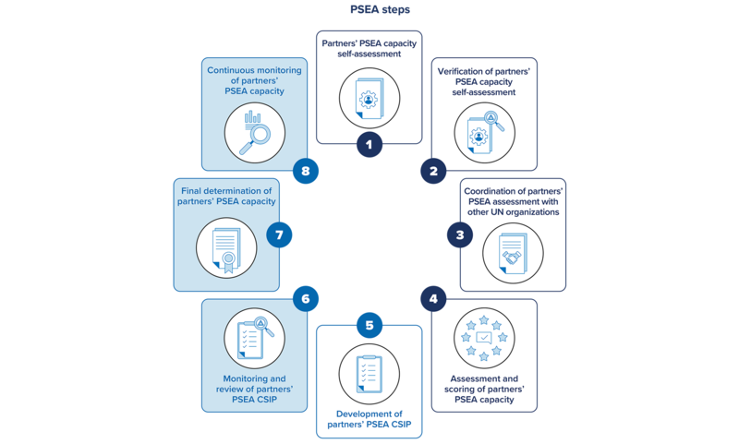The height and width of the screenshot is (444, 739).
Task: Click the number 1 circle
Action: click(x=369, y=144)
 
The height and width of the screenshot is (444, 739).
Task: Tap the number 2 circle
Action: click(x=433, y=171)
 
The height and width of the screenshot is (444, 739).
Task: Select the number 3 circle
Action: click(x=459, y=234)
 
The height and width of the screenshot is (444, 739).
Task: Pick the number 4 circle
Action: click(x=433, y=298)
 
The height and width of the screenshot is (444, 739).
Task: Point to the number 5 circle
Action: click(x=369, y=325)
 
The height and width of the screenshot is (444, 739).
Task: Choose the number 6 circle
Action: click(x=305, y=298)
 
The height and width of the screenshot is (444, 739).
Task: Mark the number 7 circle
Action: click(x=279, y=234)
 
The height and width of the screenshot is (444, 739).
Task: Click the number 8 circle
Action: click(x=305, y=171)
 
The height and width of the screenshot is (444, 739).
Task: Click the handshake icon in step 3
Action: click(x=513, y=254)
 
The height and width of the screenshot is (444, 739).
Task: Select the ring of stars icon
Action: click(x=484, y=338)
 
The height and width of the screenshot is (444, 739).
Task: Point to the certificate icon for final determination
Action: click(x=226, y=249)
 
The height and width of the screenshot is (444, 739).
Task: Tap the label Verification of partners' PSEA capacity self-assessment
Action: click(x=484, y=81)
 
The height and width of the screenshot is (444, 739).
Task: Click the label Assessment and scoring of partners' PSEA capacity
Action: click(x=484, y=389)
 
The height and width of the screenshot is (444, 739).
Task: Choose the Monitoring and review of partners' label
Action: click(x=254, y=389)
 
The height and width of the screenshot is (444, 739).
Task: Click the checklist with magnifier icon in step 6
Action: click(x=254, y=338)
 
